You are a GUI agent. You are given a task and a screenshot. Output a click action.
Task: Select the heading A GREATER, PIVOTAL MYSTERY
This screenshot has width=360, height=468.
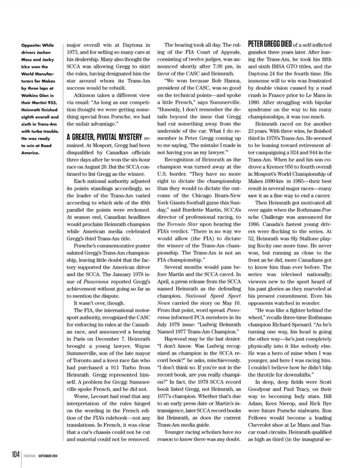[x=104, y=137]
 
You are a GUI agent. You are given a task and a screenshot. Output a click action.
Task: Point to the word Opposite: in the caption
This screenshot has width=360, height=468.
[x=31, y=45]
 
